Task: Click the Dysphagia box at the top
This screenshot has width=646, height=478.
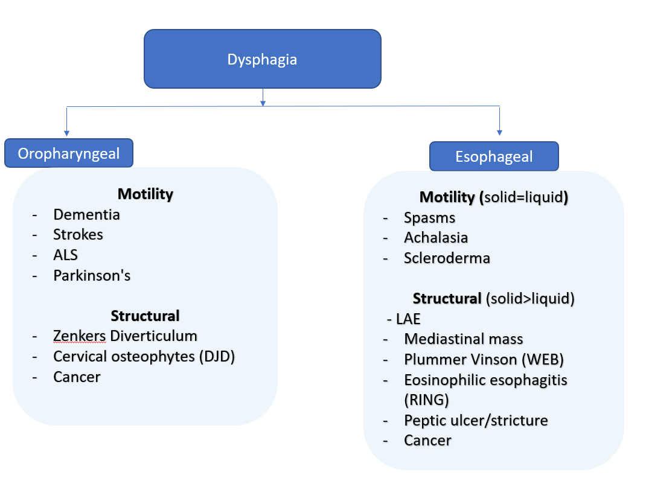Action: click(x=262, y=59)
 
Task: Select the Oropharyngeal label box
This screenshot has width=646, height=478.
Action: click(x=69, y=153)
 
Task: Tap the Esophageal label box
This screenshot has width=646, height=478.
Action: click(x=494, y=157)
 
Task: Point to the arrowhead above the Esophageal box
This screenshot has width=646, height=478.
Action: click(x=499, y=131)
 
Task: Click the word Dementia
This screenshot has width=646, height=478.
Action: click(x=86, y=214)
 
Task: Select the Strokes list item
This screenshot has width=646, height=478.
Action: click(x=78, y=235)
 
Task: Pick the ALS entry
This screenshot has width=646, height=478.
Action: click(x=65, y=255)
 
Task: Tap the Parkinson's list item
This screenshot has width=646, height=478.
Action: click(x=92, y=275)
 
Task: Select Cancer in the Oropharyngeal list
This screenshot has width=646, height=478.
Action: click(x=77, y=377)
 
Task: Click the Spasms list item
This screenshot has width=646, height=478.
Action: click(x=429, y=217)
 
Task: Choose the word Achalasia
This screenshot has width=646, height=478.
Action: click(x=436, y=238)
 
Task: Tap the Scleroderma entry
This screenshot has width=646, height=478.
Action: click(x=447, y=258)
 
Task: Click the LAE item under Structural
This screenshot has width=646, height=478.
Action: click(x=408, y=319)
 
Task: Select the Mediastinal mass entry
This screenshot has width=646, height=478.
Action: click(x=463, y=339)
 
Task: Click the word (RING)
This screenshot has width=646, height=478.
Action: click(x=426, y=400)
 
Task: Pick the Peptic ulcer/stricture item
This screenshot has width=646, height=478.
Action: click(x=476, y=420)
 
